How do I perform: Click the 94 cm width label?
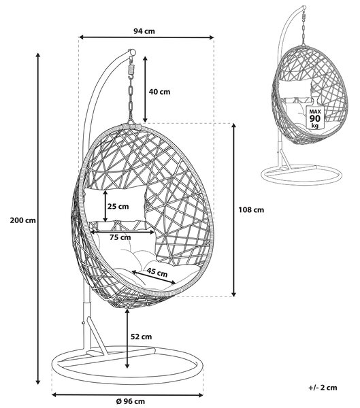click(x=144, y=31)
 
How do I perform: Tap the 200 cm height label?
click(x=22, y=220)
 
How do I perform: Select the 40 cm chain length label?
click(x=159, y=92)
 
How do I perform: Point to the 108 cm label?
click(x=251, y=209)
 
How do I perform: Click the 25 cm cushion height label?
click(x=118, y=206)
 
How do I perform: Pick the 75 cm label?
click(x=120, y=237)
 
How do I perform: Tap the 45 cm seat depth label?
click(x=157, y=272)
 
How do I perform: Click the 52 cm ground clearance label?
click(x=141, y=337)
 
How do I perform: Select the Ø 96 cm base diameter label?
click(x=130, y=401)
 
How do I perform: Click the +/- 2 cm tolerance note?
click(x=323, y=388)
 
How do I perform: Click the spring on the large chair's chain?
click(x=131, y=70)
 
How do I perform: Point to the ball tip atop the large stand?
click(x=133, y=52)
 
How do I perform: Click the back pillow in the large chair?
click(x=115, y=205)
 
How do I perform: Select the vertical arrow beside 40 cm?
click(x=145, y=89)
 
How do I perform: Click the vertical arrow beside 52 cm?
click(x=127, y=339)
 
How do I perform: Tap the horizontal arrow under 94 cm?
click(x=146, y=37)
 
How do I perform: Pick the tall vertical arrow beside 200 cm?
click(x=38, y=218)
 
